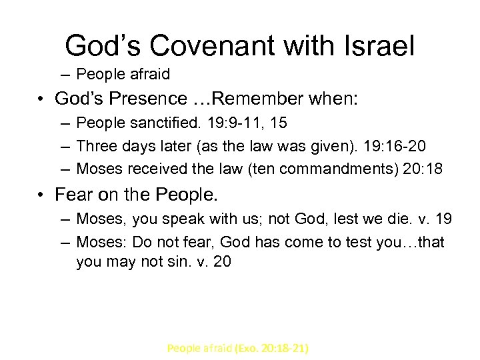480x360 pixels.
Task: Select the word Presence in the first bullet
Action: (x=150, y=99)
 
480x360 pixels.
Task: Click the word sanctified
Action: (x=161, y=123)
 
